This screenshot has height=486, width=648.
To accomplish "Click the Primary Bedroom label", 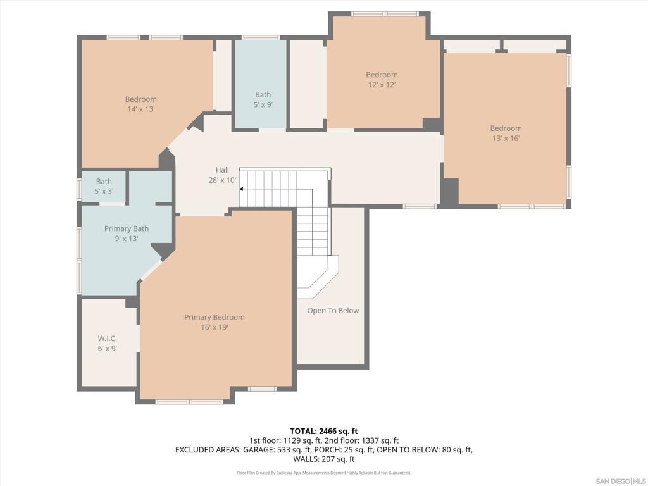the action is tap(214, 318).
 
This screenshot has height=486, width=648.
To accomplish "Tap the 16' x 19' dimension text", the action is tap(214, 327).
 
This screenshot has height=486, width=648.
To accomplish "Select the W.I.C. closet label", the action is tap(107, 339).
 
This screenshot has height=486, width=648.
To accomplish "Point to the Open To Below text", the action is tap(333, 310).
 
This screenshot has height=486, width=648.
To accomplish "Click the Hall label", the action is tap(222, 170).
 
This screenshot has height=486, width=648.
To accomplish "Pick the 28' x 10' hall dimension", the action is tap(222, 180).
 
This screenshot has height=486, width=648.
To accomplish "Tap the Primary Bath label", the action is tap(127, 228).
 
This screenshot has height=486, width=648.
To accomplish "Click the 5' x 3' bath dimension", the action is tap(104, 191).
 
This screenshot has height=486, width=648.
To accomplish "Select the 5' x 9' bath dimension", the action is tap(263, 104).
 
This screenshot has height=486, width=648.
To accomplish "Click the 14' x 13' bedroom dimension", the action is tap(141, 109).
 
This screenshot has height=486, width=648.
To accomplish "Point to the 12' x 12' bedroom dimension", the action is tap(382, 85).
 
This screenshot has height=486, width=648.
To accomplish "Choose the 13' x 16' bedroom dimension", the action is tap(506, 139).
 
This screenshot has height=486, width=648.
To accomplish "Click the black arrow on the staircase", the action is tap(241, 189).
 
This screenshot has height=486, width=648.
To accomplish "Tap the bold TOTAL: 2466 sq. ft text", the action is tap(324, 432).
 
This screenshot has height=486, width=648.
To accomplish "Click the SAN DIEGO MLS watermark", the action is tap(621, 482).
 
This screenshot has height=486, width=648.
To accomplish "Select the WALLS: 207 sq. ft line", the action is tap(324, 459).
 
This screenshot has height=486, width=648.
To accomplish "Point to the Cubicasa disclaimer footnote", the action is tap(324, 473).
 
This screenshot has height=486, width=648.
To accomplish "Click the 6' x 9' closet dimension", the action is tap(107, 349).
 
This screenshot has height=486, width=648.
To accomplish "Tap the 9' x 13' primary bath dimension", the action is tap(127, 239).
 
